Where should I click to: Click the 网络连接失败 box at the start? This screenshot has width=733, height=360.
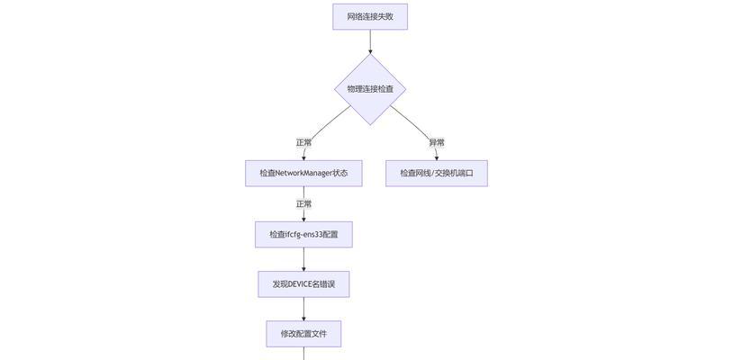coord(370,16)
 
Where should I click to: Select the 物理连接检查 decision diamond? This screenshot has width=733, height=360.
coord(370,89)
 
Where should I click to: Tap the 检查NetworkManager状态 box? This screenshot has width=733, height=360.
coord(303,173)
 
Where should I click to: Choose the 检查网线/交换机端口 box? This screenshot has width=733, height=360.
coord(437,173)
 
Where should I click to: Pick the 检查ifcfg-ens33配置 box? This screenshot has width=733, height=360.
coord(303,234)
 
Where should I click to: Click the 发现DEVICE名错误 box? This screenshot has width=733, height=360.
coord(303,284)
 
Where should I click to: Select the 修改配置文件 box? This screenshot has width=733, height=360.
coord(303,334)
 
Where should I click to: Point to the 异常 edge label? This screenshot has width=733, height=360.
coord(437,142)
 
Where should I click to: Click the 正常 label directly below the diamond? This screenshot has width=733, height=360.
coord(303,142)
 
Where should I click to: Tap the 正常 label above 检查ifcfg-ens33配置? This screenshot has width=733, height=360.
coord(303,204)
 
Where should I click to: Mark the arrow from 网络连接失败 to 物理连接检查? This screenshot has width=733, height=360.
coord(370,40)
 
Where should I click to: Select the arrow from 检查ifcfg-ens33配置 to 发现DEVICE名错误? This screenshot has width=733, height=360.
coord(303,259)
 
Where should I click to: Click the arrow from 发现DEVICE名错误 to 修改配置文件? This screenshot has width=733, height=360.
coord(303,309)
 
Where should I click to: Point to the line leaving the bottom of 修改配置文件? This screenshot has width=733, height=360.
coord(303,354)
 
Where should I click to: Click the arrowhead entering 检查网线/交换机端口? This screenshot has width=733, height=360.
coord(437,157)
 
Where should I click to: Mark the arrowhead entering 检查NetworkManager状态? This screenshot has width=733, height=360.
coord(303,157)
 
